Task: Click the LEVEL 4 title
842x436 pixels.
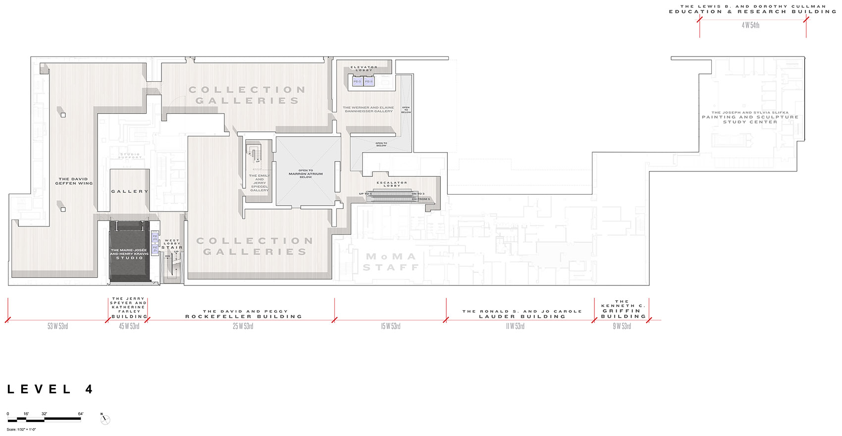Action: pos(50,389)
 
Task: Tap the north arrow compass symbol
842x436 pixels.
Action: pos(105,420)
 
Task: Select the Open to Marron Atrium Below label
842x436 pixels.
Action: pos(306,174)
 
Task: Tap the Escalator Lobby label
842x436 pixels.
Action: pos(392,184)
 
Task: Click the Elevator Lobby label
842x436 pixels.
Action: pos(364,68)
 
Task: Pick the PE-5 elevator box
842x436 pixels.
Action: pos(358,81)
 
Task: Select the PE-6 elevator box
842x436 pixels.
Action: pos(369,81)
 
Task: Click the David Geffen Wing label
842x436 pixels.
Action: pos(74,181)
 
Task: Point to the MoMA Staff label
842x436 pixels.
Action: pos(391,262)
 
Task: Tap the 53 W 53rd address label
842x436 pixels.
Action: pos(57,327)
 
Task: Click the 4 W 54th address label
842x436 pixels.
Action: pos(750,25)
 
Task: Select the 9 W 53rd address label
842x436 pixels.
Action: pos(622,327)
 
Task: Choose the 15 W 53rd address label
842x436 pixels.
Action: pos(390,327)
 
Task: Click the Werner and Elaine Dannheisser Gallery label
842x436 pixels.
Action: pos(368,109)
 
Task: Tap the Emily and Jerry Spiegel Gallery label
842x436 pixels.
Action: pos(260,183)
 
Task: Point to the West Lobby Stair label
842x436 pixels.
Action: pos(172,244)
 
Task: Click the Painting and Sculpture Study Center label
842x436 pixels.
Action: pos(750,117)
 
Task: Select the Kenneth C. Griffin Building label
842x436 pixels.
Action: pos(623,309)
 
